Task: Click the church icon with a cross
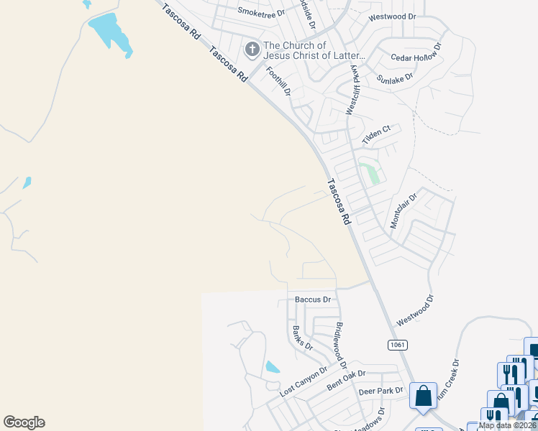point(252,50)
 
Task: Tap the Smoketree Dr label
point(261,12)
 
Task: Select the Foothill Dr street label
point(278,81)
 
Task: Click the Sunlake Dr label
point(395,77)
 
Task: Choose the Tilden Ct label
point(376,134)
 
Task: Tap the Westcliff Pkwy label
point(352,89)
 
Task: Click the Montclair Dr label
point(403,211)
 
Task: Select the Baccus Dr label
point(313,299)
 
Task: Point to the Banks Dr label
point(302,338)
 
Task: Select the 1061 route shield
point(397,345)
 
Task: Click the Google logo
point(24,422)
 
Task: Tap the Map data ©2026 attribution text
point(507,425)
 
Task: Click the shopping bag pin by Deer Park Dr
point(423,396)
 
